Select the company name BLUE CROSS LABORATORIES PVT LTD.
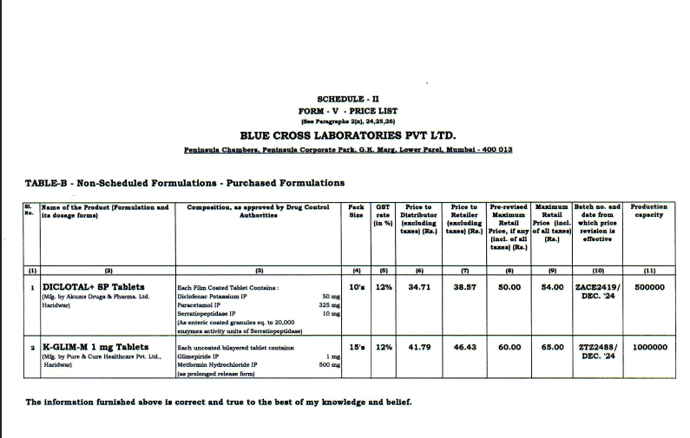coord(347,134)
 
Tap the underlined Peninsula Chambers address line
coord(348,149)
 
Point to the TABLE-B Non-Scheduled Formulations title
coord(185,183)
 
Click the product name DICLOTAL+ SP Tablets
coord(94,286)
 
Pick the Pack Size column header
coord(356,211)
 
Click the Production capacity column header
coord(648,211)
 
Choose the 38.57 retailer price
coord(465,286)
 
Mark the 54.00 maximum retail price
coord(552,286)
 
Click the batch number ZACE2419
coord(598,286)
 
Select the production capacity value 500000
coord(649,286)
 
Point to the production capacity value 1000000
coord(649,347)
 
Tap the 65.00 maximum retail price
coord(552,347)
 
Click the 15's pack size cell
coord(356,347)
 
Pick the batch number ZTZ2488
coord(598,347)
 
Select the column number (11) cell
coord(649,270)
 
